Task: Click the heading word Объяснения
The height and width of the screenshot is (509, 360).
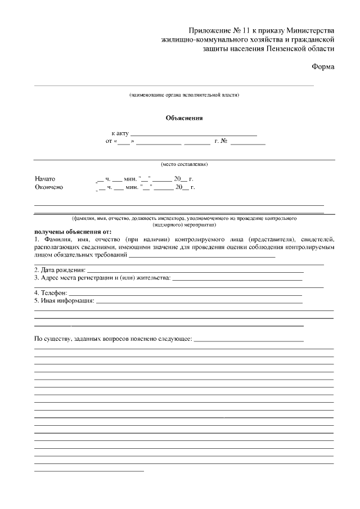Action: (x=184, y=118)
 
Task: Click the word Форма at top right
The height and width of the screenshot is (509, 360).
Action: (x=323, y=67)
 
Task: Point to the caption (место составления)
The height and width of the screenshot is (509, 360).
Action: (x=184, y=164)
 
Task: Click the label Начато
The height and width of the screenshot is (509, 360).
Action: (x=45, y=178)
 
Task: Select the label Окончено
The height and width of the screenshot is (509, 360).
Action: (x=49, y=187)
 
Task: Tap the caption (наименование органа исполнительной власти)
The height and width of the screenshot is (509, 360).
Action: (x=184, y=95)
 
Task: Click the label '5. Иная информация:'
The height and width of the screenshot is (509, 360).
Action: (x=64, y=301)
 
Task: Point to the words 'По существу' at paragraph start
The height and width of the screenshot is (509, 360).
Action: (x=52, y=339)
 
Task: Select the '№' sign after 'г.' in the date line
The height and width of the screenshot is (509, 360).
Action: (x=223, y=141)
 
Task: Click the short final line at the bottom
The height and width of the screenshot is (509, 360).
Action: (x=89, y=470)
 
